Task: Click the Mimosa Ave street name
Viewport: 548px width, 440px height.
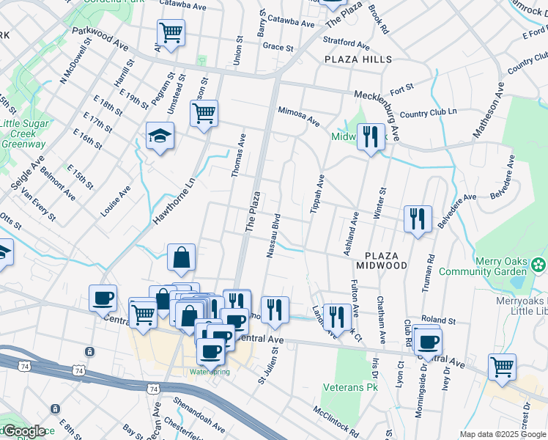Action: [x=298, y=114]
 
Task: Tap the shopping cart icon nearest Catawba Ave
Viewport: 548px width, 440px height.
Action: [x=170, y=32]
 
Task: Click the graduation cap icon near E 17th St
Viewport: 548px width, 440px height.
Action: [x=159, y=136]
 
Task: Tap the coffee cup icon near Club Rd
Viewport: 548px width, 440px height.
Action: [x=426, y=340]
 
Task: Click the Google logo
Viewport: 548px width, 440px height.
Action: [x=23, y=430]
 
